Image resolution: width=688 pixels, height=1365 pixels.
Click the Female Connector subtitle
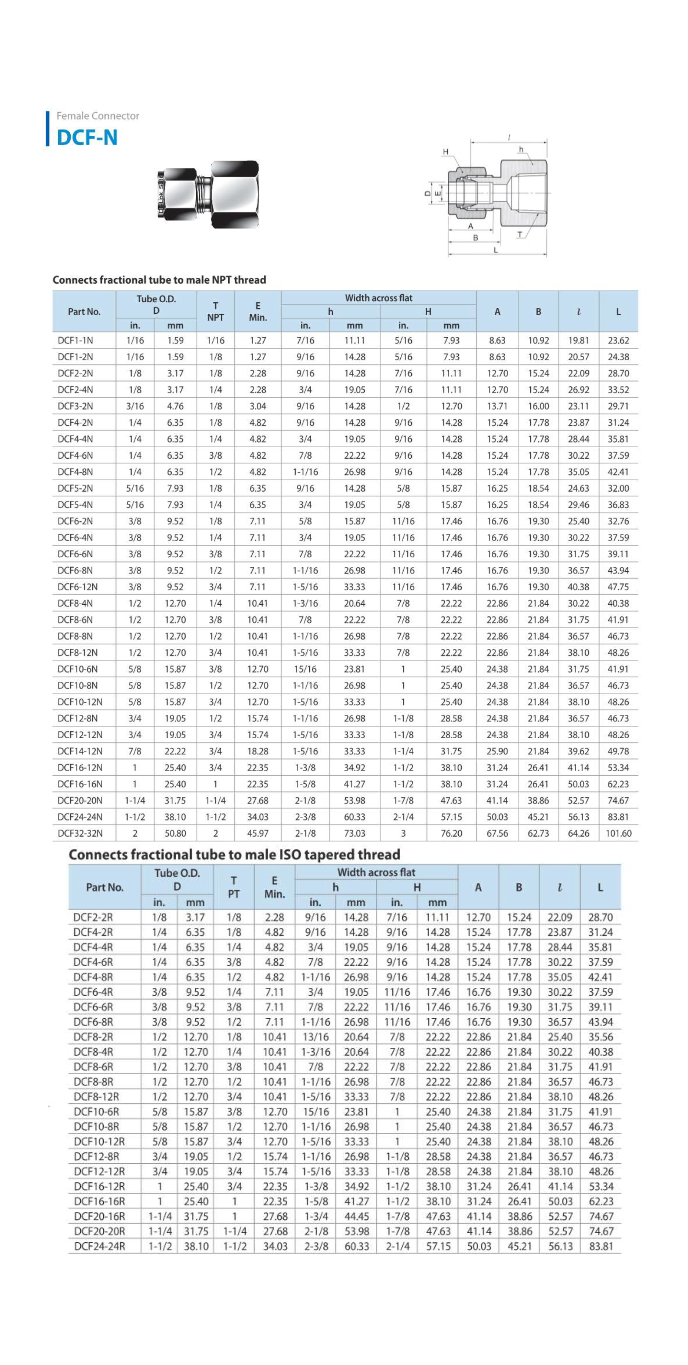97,116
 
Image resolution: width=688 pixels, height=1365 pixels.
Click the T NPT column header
215,312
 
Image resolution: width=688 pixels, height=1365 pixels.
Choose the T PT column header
234,887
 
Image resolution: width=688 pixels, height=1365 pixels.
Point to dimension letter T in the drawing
520,234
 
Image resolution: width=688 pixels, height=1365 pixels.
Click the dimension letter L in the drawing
496,250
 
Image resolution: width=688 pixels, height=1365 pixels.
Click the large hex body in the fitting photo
235,195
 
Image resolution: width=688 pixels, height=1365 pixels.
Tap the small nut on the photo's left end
178,195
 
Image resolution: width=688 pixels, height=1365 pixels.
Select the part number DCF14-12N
80,751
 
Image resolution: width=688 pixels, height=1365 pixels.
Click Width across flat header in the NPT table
378,298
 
